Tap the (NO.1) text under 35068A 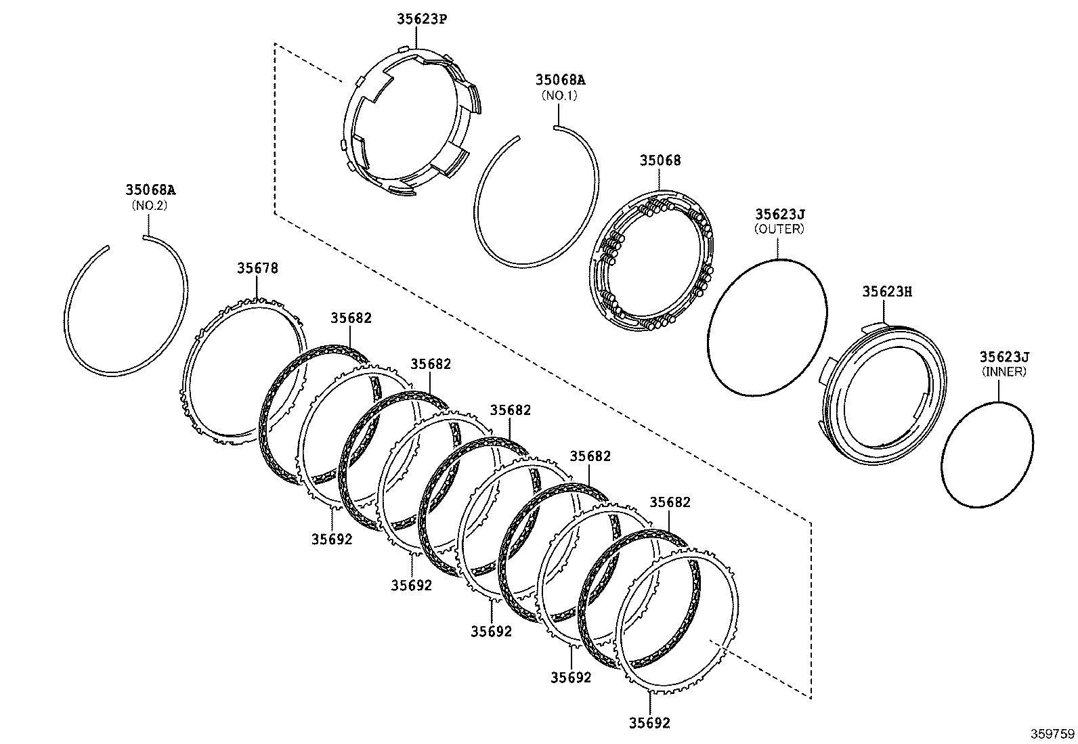click(x=559, y=96)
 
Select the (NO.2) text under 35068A click(x=149, y=205)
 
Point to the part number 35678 click(x=257, y=268)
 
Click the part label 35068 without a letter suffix click(x=660, y=161)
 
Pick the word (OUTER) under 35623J click(x=779, y=229)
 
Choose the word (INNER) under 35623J click(x=1004, y=372)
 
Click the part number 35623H click(x=887, y=292)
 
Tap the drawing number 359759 click(x=1053, y=733)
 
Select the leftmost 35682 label click(x=351, y=318)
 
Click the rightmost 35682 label click(x=670, y=502)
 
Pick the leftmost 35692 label click(x=332, y=539)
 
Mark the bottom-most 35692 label click(x=649, y=723)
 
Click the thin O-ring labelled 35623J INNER click(x=944, y=467)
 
